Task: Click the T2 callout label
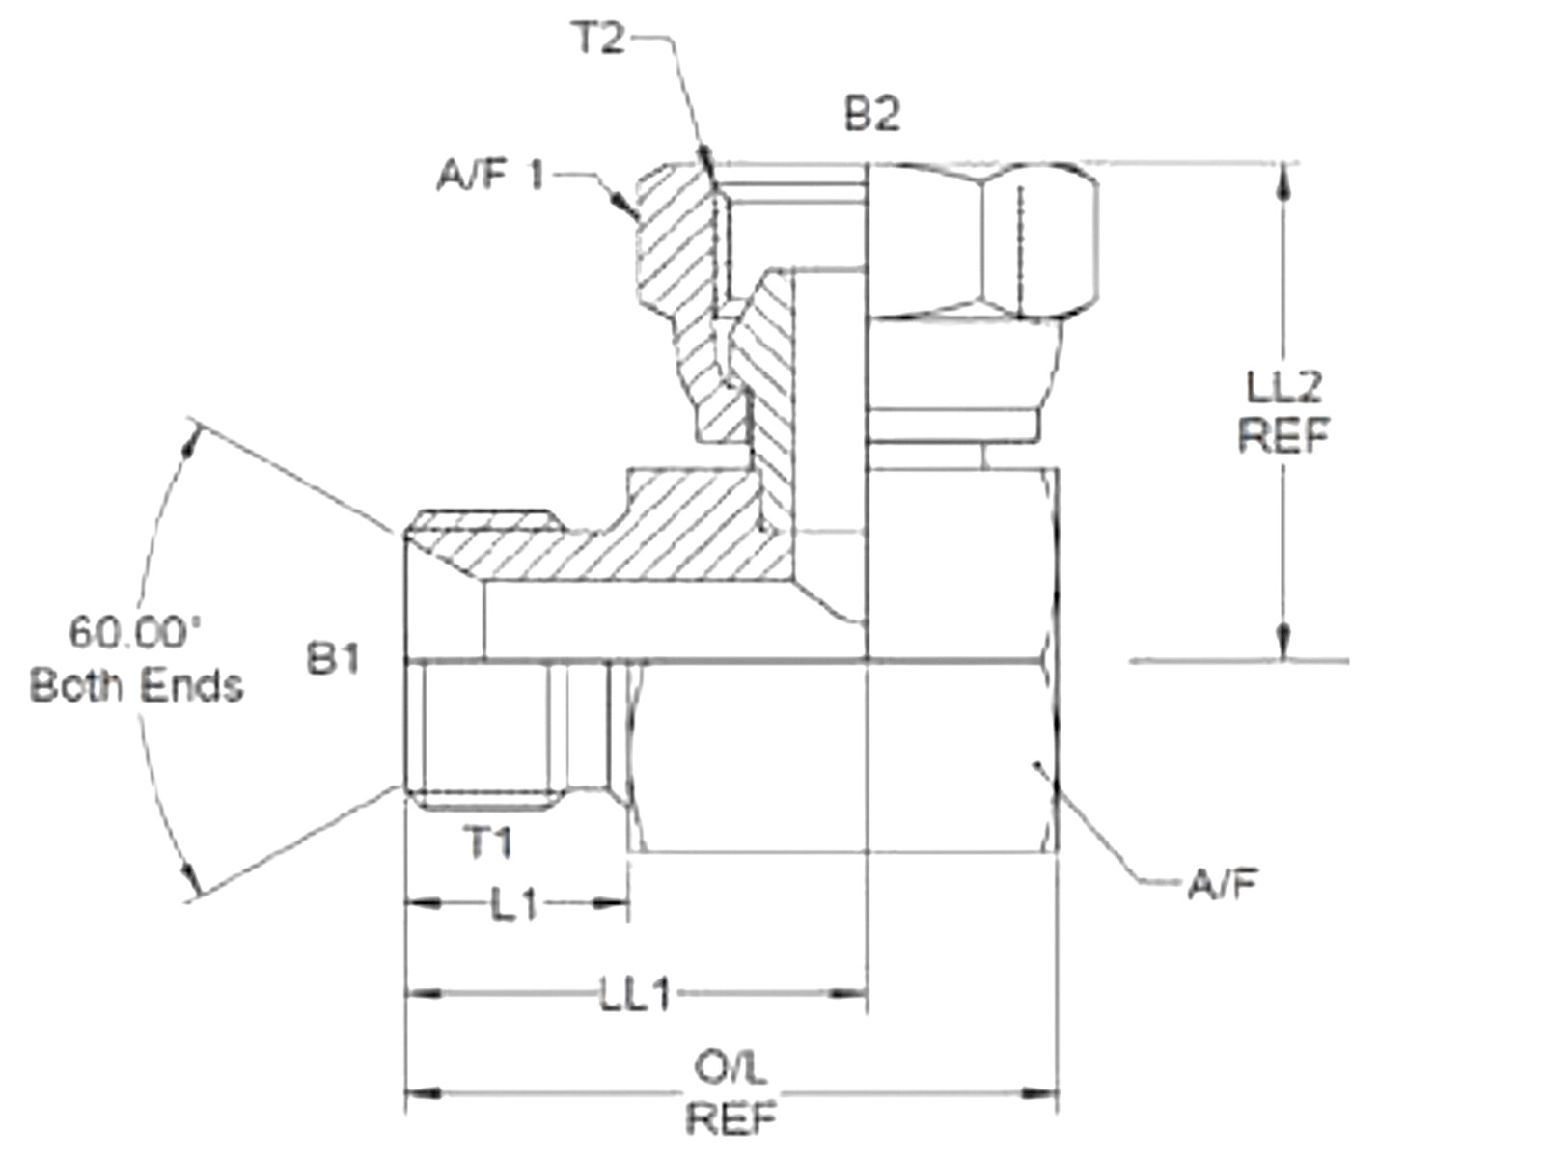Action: (599, 40)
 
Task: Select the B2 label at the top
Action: (872, 115)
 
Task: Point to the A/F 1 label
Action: (491, 176)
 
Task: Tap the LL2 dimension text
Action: (1283, 388)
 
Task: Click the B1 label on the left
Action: (333, 660)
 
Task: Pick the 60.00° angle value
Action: (135, 633)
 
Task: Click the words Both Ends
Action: (136, 686)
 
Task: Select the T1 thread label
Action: (489, 842)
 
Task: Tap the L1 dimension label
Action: (513, 905)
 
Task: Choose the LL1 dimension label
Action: (636, 995)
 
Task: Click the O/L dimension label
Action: (731, 1069)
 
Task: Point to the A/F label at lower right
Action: (1222, 884)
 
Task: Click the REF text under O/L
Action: (731, 1119)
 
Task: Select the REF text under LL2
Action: (1283, 436)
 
